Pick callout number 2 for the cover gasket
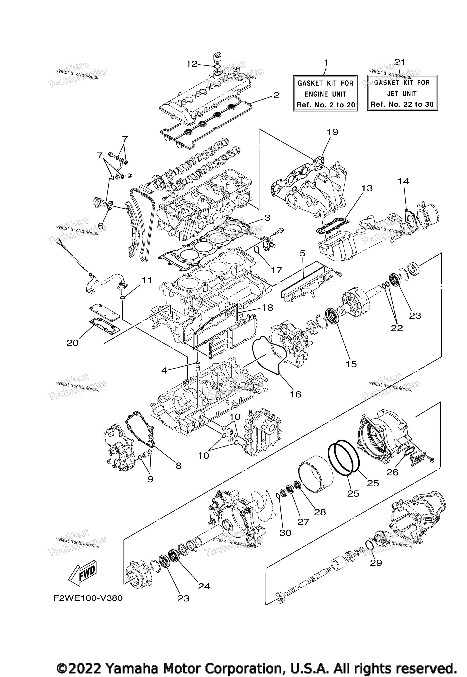click(x=276, y=95)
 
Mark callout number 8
click(x=178, y=466)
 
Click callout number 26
click(x=392, y=472)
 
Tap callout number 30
click(x=285, y=533)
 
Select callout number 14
click(x=403, y=182)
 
